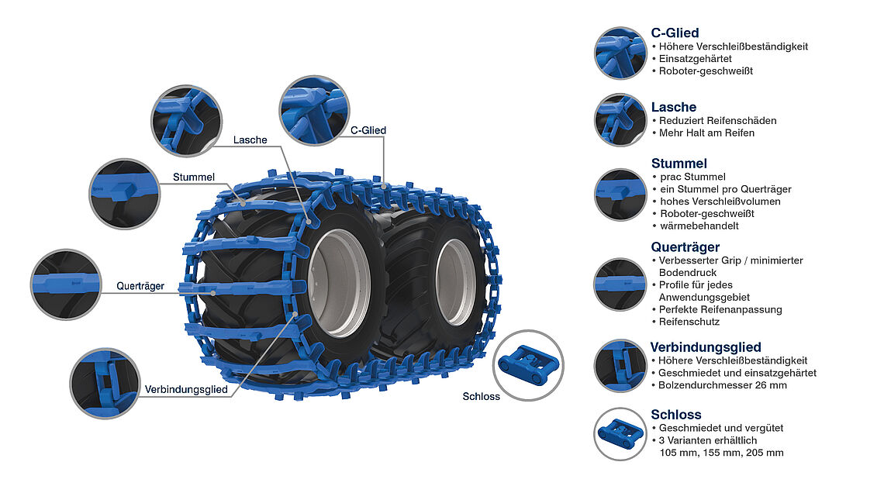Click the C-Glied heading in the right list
pyautogui.click(x=675, y=33)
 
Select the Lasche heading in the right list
pyautogui.click(x=674, y=107)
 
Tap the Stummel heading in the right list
pyautogui.click(x=679, y=164)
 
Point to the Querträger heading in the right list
pyautogui.click(x=685, y=247)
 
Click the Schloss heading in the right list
pyautogui.click(x=676, y=415)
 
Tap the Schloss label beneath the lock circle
pyautogui.click(x=481, y=396)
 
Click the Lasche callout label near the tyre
pyautogui.click(x=250, y=140)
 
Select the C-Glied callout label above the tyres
pyautogui.click(x=368, y=130)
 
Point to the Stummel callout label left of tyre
pyautogui.click(x=193, y=177)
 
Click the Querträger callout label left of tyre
pyautogui.click(x=140, y=286)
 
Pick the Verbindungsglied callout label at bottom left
pyautogui.click(x=186, y=390)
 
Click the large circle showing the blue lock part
pyautogui.click(x=528, y=365)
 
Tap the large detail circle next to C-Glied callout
pyautogui.click(x=314, y=111)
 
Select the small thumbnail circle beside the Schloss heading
pyautogui.click(x=620, y=433)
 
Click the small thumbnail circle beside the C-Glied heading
pyautogui.click(x=620, y=53)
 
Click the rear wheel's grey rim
pyautogui.click(x=456, y=282)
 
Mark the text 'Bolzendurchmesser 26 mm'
pyautogui.click(x=722, y=385)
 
